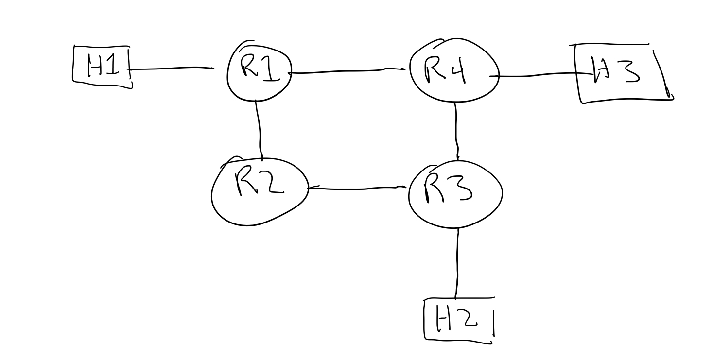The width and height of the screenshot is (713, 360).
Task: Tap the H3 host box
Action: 622,73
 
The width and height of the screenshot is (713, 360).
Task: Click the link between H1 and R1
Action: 173,69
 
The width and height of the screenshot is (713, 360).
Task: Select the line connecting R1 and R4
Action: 348,71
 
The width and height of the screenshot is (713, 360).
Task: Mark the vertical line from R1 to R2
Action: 259,129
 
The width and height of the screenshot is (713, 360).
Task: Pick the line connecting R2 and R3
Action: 357,188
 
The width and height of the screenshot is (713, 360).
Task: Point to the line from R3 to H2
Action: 457,262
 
